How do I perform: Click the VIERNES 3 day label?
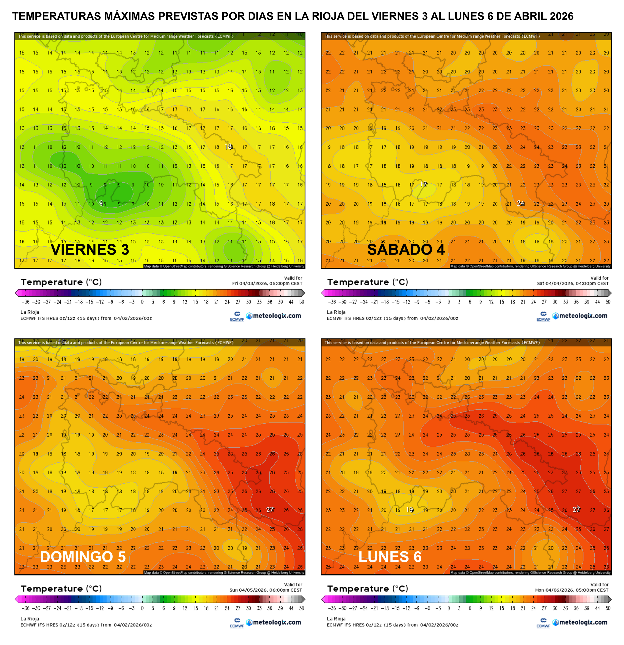tap(90, 249)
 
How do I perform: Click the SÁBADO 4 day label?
tap(406, 249)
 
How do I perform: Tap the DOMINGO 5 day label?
tap(83, 557)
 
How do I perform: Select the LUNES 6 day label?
tap(390, 557)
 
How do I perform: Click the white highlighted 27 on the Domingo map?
tap(270, 510)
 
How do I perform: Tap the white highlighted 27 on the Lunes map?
tap(576, 510)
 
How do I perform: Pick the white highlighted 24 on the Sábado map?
tap(520, 203)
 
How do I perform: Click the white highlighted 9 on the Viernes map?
tap(101, 203)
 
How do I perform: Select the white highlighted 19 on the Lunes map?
tap(410, 510)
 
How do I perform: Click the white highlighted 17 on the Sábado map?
tap(424, 185)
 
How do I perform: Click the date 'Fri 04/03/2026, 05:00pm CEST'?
tap(267, 283)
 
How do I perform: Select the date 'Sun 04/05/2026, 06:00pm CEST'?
tap(265, 590)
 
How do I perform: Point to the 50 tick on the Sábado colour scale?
tap(608, 302)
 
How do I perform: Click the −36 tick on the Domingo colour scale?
tap(25, 608)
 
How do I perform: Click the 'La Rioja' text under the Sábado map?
tap(336, 312)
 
